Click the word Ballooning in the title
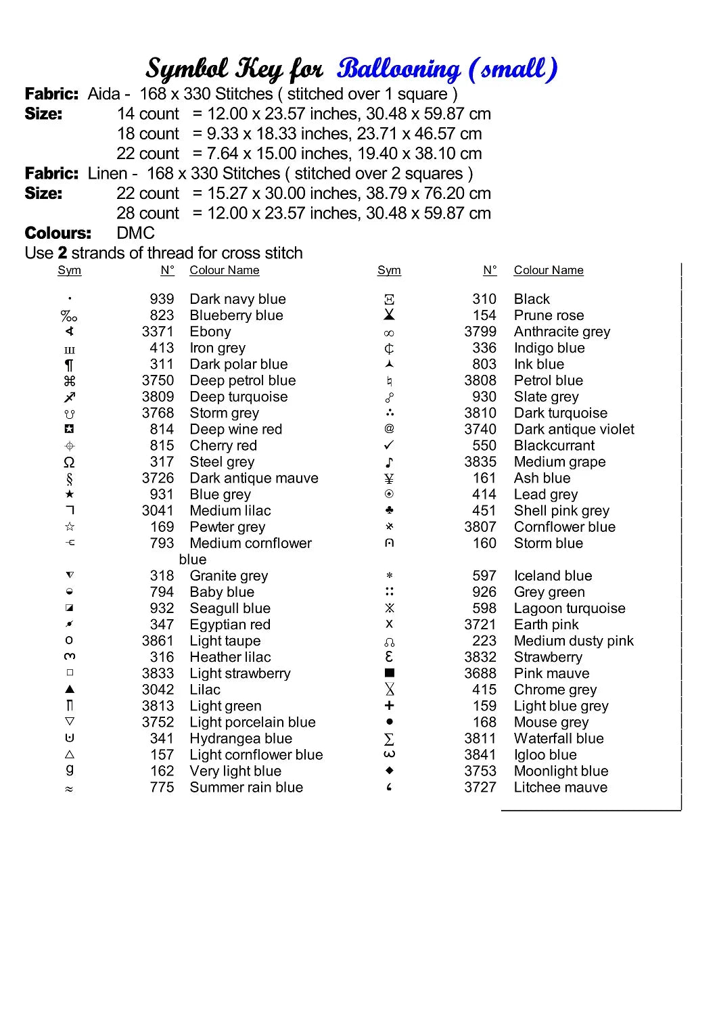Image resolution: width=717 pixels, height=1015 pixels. pos(398,69)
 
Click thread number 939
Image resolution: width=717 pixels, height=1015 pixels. pos(162,299)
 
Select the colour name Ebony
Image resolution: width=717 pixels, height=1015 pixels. pos(210,332)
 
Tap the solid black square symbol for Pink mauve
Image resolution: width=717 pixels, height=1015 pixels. pos(389,673)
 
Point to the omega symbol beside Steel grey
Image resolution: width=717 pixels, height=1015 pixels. pos(69,462)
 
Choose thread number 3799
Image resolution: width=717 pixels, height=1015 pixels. pos(480,332)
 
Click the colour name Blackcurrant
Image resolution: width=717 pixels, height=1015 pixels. pos(554,445)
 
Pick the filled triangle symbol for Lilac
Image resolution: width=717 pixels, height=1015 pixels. pos(70,690)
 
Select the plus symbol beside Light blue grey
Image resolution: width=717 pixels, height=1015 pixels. pos(389,706)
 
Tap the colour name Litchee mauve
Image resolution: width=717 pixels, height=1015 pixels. pos(560,787)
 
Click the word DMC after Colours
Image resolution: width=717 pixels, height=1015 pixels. pos(135,233)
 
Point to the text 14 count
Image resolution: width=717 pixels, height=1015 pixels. pos(147,114)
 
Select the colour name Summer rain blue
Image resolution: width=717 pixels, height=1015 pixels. pos(246,787)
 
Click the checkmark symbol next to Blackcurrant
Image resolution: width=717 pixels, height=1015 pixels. pos(389,445)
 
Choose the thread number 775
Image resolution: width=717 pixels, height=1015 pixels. pos(162,787)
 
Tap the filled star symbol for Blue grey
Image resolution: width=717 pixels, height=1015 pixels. pos(70,495)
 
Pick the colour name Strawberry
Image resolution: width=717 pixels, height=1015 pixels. pos(548,657)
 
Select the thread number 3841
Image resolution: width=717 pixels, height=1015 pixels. pos(480,754)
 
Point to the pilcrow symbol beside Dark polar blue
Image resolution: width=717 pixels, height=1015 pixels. pos(70,365)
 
